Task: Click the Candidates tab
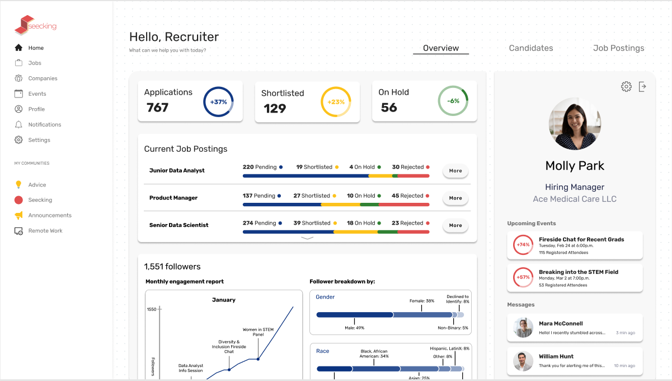[x=530, y=48]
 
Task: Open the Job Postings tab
[x=618, y=48]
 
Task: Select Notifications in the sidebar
[x=45, y=124]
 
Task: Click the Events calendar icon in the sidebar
[x=18, y=94]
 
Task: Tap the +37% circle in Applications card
[x=218, y=102]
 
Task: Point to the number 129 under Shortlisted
[x=275, y=108]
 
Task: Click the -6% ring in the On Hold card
[x=453, y=101]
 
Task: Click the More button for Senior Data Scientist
[x=455, y=225]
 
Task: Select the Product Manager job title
[x=173, y=198]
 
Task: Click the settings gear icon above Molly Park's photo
[x=626, y=86]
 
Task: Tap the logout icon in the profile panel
[x=642, y=86]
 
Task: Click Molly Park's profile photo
[x=575, y=123]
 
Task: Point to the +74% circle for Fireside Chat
[x=523, y=245]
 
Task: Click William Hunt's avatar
[x=523, y=361]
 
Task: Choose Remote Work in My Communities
[x=45, y=231]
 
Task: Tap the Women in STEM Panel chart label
[x=258, y=332]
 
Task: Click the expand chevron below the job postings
[x=307, y=238]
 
